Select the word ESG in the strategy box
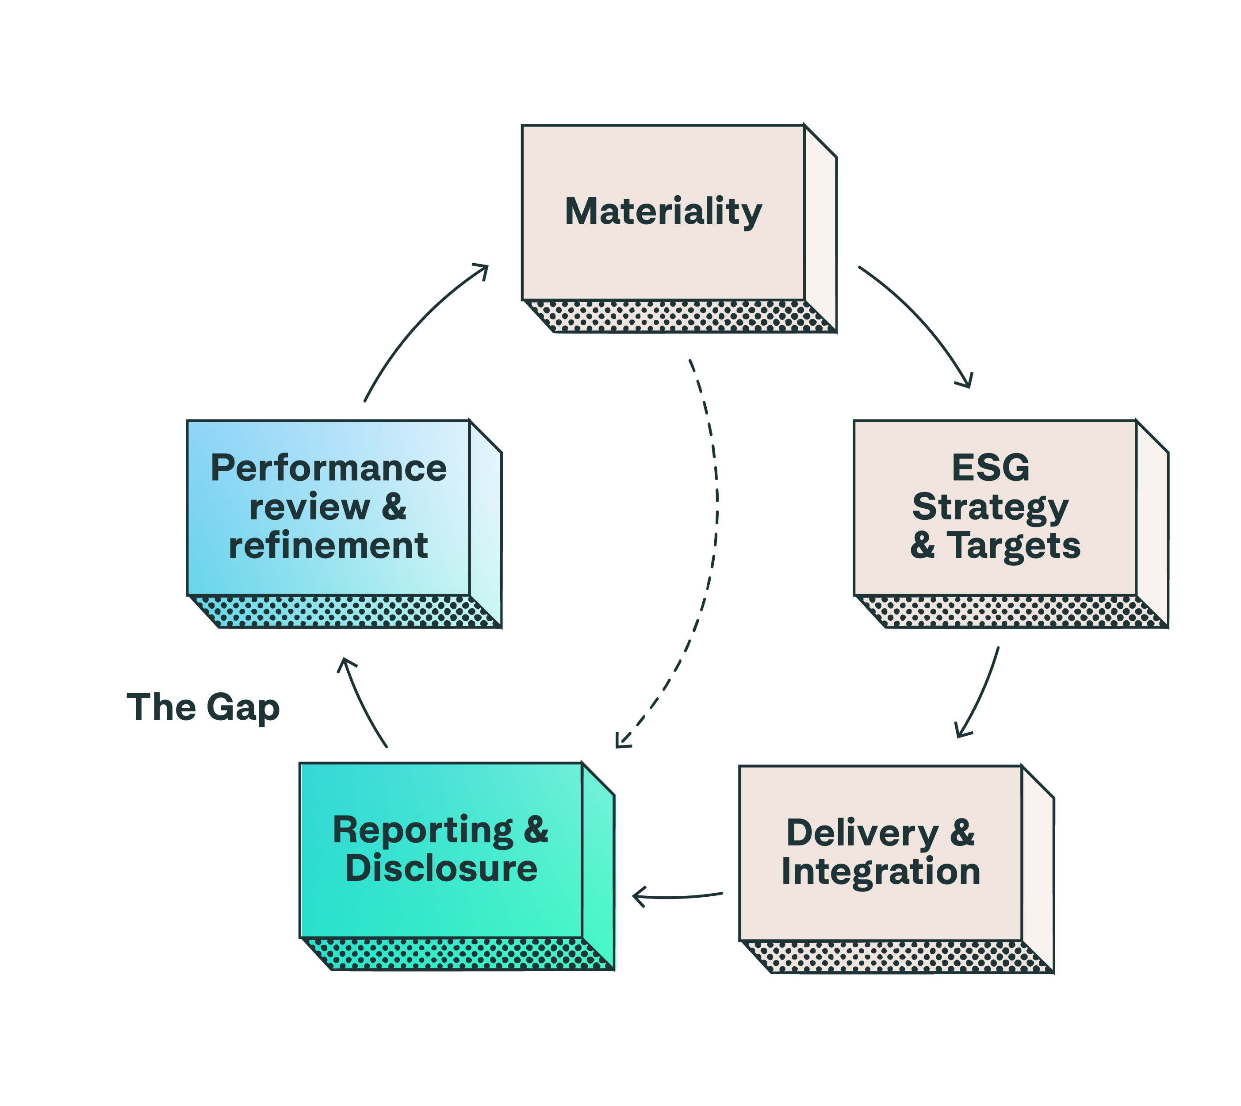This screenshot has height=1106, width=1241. (x=990, y=468)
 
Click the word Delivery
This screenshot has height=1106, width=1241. (x=862, y=833)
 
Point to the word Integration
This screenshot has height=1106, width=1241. (x=881, y=872)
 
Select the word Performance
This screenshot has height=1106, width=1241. (x=329, y=469)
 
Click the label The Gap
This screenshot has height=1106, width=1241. (x=203, y=707)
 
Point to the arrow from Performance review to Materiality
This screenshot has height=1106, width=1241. (x=419, y=322)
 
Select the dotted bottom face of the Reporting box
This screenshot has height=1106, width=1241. (x=456, y=954)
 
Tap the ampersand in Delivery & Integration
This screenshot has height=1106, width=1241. (x=962, y=833)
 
